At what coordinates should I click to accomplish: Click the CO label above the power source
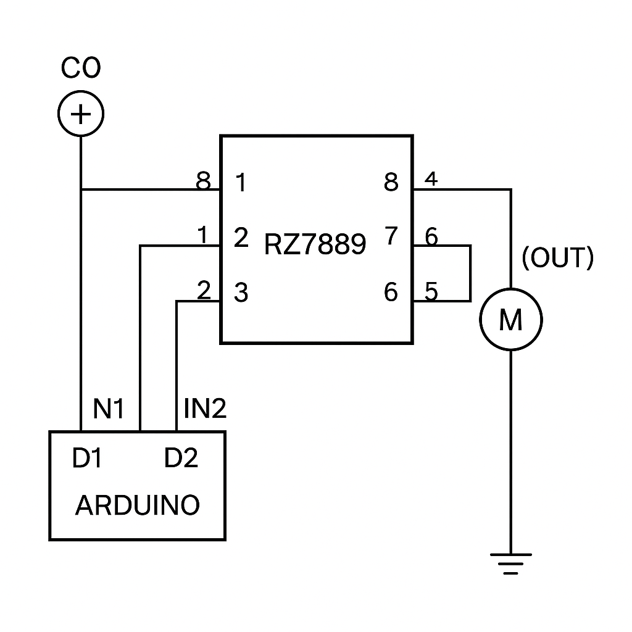coord(80,69)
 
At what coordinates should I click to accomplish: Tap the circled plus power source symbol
coord(81,114)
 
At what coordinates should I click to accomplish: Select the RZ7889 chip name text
coord(315,244)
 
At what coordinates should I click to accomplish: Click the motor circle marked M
coord(510,320)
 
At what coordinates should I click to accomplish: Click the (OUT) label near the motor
coord(557,259)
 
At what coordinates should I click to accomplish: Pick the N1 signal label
coord(109,409)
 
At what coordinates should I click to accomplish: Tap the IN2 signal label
coord(206,409)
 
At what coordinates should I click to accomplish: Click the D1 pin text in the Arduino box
coord(86,459)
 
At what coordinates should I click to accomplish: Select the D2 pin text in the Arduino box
coord(181,459)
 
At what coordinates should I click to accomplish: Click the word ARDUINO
coord(138,505)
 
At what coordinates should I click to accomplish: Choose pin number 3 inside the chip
coord(241,293)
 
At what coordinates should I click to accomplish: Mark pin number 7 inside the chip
coord(391,237)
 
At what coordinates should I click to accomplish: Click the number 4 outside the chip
coord(431,180)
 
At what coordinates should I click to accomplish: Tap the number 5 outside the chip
coord(431,291)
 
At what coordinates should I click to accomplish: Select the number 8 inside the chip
coord(391,183)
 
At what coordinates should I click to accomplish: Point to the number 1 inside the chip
coord(241,183)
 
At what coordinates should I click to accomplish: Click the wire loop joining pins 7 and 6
coord(470,273)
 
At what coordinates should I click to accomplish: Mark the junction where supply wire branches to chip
coord(81,189)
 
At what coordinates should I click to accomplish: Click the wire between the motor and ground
coord(510,451)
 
